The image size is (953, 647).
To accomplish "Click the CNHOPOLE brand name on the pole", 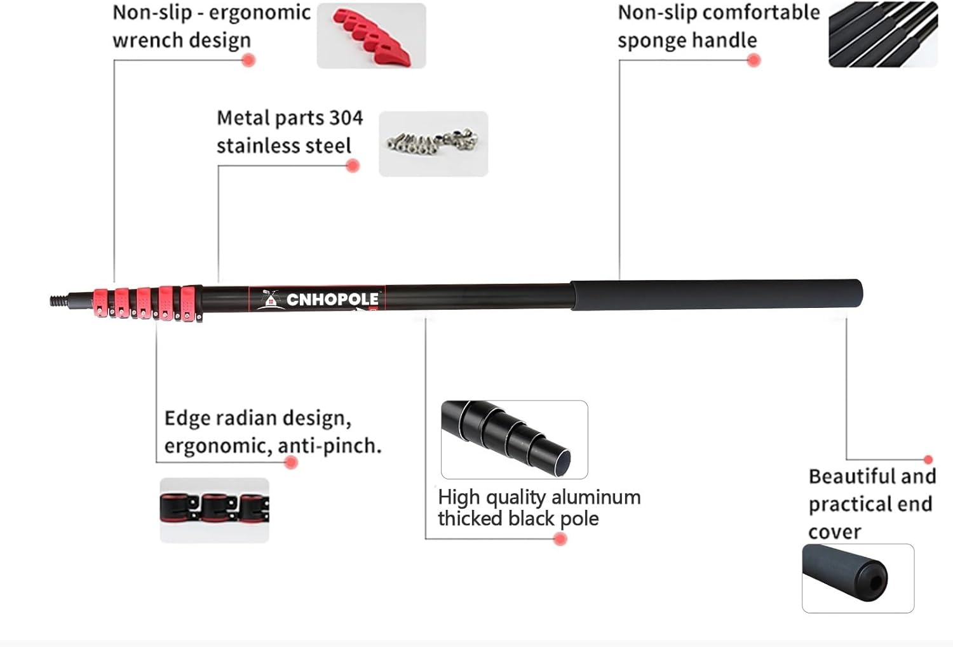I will [332, 299].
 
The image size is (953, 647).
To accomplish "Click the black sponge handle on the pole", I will [716, 295].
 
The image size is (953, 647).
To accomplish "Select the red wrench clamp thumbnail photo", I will [371, 36].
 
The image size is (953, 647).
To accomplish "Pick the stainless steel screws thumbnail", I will [433, 143].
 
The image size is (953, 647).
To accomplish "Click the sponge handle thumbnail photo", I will [883, 34].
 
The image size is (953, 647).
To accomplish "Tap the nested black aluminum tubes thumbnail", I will [514, 439].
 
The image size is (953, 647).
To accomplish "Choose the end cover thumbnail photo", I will [858, 578].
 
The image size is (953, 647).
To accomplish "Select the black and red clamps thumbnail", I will [214, 510].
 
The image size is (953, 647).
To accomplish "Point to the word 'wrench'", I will [147, 40].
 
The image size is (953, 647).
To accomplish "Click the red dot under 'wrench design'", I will [248, 60].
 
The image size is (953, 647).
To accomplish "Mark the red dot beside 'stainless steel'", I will [353, 166].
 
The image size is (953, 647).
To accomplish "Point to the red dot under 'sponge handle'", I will [754, 60].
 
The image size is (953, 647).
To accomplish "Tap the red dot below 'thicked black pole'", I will [560, 539].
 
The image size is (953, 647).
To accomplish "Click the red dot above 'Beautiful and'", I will [928, 459].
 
